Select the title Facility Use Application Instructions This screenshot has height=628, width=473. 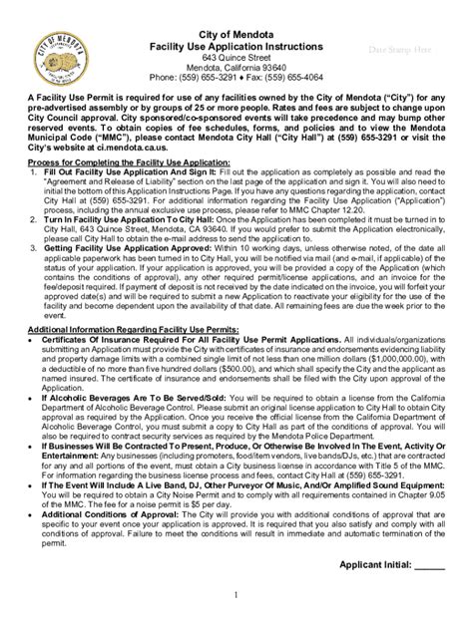coord(236,47)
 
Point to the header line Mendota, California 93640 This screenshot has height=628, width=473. coord(236,66)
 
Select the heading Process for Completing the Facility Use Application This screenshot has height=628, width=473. coord(132,160)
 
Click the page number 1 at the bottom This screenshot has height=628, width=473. coord(236,621)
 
